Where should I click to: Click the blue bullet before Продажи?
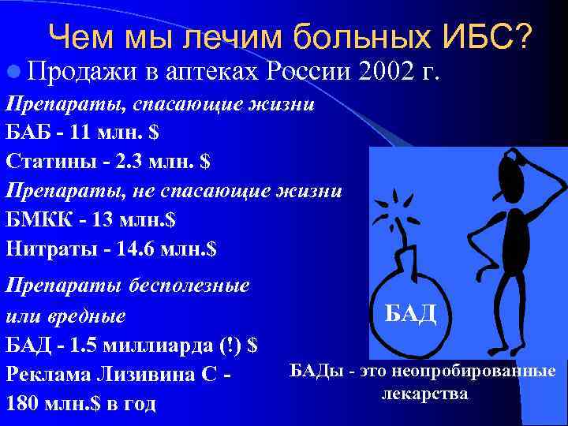coord(11,73)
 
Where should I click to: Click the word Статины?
coord(41,161)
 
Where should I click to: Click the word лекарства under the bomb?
coord(424,392)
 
